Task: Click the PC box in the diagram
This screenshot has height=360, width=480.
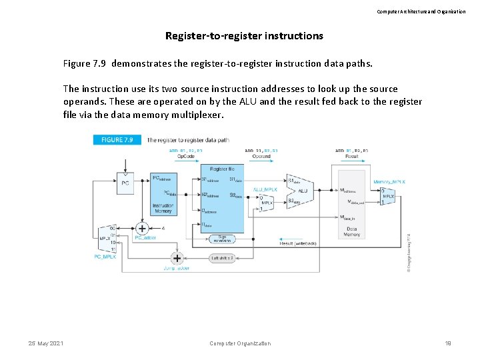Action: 125,181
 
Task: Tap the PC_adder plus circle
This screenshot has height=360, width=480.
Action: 142,229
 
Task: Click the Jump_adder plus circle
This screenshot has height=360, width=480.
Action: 177,258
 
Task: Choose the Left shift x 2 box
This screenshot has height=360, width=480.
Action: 224,258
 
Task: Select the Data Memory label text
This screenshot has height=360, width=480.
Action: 351,231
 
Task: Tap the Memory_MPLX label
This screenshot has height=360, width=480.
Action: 389,181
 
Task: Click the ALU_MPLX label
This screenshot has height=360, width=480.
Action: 265,189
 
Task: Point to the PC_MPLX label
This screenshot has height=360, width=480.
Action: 105,256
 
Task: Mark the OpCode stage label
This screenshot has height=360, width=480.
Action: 186,157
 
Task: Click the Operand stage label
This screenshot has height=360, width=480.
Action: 261,157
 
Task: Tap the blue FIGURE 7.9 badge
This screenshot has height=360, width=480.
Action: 117,140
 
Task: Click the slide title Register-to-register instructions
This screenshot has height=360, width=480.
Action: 244,36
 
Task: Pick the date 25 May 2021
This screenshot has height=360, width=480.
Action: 46,343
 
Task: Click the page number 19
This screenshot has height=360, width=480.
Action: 448,343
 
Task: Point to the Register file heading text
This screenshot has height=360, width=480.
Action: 222,170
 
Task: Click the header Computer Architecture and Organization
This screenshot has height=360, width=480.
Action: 421,11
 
